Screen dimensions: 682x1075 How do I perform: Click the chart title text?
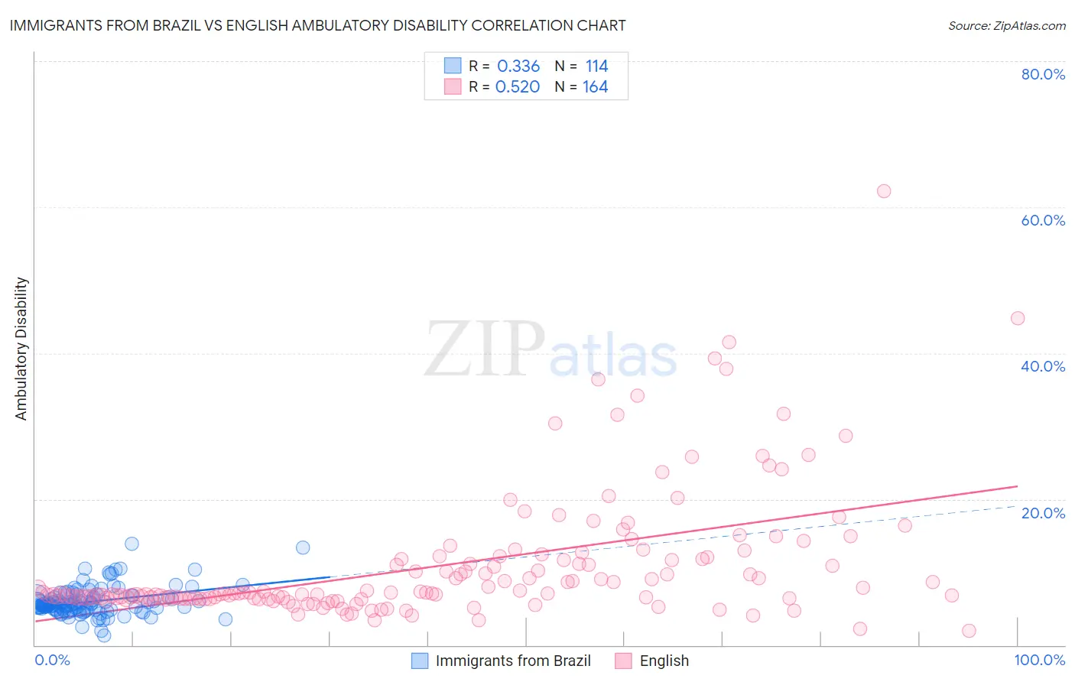point(317,25)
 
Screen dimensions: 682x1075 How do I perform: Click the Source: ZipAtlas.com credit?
point(1006,25)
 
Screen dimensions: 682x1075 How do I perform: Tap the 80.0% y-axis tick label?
point(1043,74)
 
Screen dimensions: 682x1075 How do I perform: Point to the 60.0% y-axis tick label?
point(1043,220)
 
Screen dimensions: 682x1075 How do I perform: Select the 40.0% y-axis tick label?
point(1043,366)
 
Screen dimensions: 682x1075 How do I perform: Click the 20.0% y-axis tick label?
point(1043,512)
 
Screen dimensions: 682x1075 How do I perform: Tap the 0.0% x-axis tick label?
point(52,660)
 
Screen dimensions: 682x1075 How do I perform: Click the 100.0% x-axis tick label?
point(1039,660)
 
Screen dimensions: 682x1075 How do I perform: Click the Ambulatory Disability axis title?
point(21,349)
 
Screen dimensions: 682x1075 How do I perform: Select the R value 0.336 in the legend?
point(518,66)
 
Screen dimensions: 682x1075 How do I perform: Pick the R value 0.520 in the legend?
point(518,86)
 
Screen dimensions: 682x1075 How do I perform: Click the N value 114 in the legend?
point(596,66)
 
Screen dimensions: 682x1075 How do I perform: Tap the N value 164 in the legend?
point(596,86)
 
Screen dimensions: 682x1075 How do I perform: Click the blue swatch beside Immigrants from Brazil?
point(420,661)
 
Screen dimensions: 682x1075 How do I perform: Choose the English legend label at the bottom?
point(664,661)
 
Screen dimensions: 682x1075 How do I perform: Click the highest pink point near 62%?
point(884,191)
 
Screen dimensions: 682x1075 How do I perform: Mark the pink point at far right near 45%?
point(1018,318)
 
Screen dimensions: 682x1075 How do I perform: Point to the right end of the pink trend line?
point(1018,486)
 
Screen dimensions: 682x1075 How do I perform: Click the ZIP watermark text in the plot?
point(484,349)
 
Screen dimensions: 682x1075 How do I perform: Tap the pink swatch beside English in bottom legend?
point(624,661)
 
